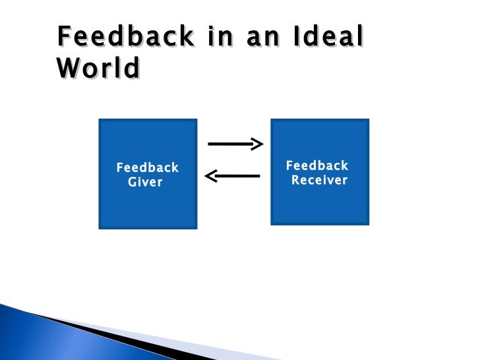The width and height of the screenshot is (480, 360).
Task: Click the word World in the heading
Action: click(98, 69)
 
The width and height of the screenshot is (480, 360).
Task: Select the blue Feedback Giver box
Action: click(148, 198)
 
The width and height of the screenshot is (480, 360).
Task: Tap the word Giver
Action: click(145, 182)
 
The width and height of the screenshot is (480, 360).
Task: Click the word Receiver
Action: click(319, 180)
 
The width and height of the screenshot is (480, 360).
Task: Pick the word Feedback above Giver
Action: click(148, 167)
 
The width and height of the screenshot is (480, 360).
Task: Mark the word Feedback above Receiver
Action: click(317, 165)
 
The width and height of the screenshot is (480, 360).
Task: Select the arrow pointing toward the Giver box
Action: click(233, 175)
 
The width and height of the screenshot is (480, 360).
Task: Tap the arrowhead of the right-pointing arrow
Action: click(258, 144)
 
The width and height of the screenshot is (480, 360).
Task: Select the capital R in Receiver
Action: click(296, 180)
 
